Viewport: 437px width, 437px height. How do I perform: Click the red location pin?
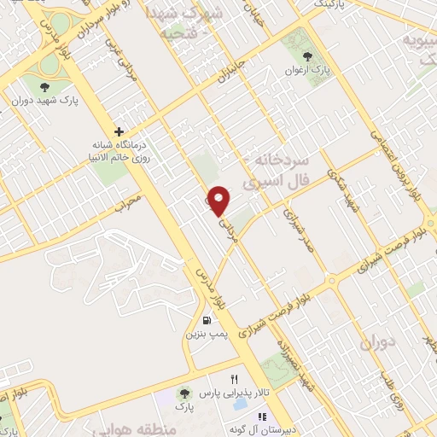coord(219,201)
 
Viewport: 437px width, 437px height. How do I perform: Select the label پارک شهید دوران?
coord(44,100)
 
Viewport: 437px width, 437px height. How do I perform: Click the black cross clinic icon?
coord(119,131)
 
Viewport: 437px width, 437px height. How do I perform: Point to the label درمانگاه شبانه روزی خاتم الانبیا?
coord(120,151)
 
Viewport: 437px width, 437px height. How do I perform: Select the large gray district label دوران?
coord(379,345)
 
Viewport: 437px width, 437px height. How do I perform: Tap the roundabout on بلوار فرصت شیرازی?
coord(331,281)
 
